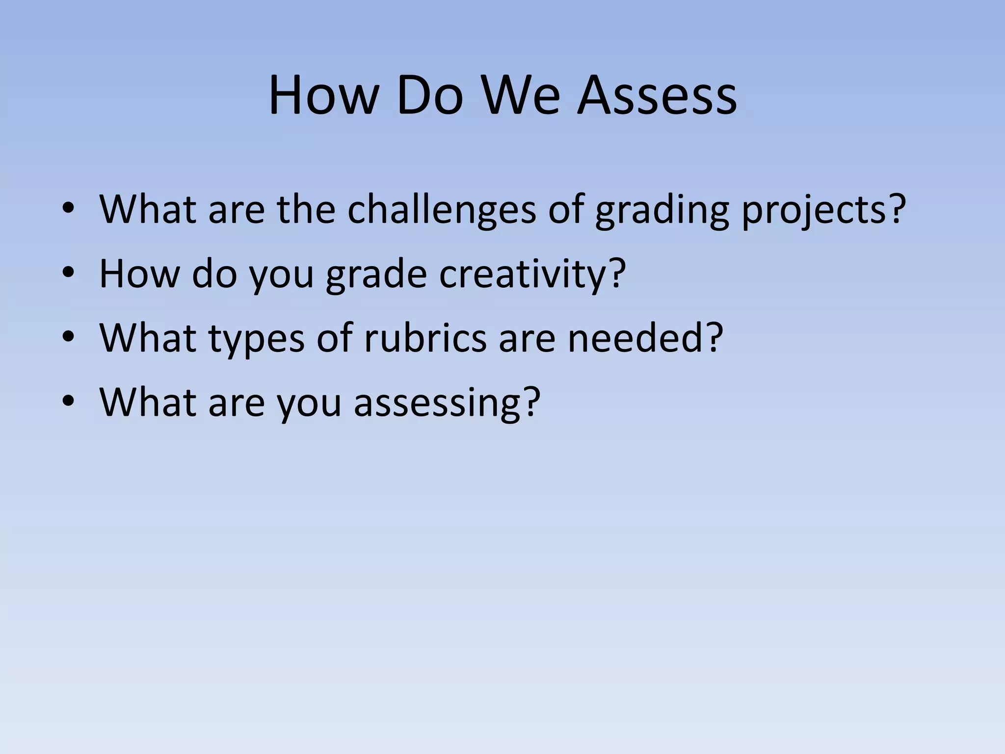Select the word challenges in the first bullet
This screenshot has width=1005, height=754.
[x=442, y=210]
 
